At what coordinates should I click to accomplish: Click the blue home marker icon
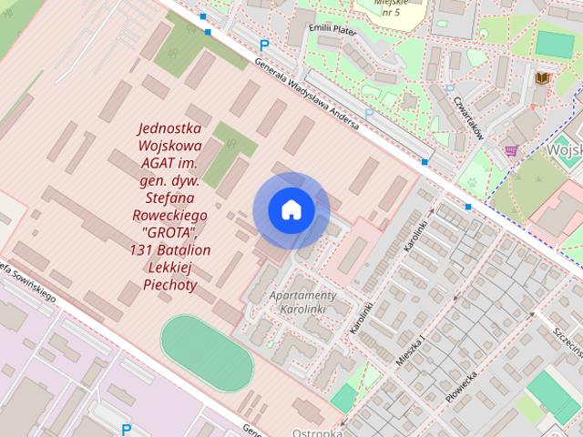(x=291, y=210)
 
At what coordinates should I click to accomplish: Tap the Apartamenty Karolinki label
(x=303, y=303)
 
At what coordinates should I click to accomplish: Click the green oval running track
(x=207, y=352)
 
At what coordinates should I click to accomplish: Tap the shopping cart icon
(x=511, y=149)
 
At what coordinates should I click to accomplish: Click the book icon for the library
(x=543, y=79)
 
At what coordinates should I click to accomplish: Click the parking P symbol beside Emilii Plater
(x=265, y=45)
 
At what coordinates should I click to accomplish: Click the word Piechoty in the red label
(x=170, y=284)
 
